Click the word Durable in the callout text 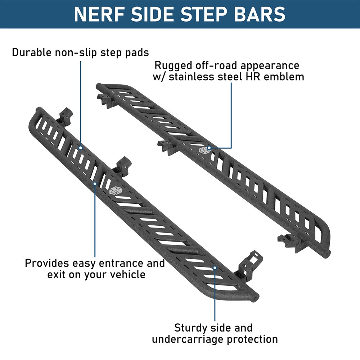32,53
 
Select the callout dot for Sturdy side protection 215,268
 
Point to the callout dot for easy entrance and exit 95,184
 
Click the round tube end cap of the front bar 256,297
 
